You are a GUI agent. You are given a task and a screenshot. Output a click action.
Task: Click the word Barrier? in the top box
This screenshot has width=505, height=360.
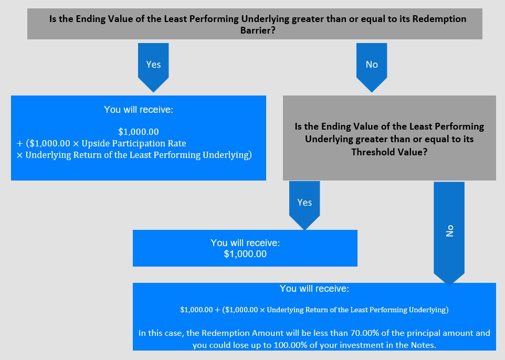258,30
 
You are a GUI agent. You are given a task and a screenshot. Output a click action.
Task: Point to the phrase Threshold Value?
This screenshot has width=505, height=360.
390,152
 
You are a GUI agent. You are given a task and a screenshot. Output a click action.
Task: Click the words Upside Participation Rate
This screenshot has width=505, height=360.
134,143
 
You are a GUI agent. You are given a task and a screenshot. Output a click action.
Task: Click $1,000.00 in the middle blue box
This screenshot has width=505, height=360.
245,254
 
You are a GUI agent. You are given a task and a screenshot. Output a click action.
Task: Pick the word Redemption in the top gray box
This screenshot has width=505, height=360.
439,19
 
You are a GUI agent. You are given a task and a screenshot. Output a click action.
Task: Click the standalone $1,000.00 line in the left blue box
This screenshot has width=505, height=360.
139,132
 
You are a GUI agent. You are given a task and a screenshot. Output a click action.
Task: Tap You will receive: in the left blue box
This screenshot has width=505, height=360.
139,110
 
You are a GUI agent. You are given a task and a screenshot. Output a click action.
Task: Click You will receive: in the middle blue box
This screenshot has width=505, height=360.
245,243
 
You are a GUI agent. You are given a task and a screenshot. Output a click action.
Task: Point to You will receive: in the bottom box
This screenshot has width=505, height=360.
314,289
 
